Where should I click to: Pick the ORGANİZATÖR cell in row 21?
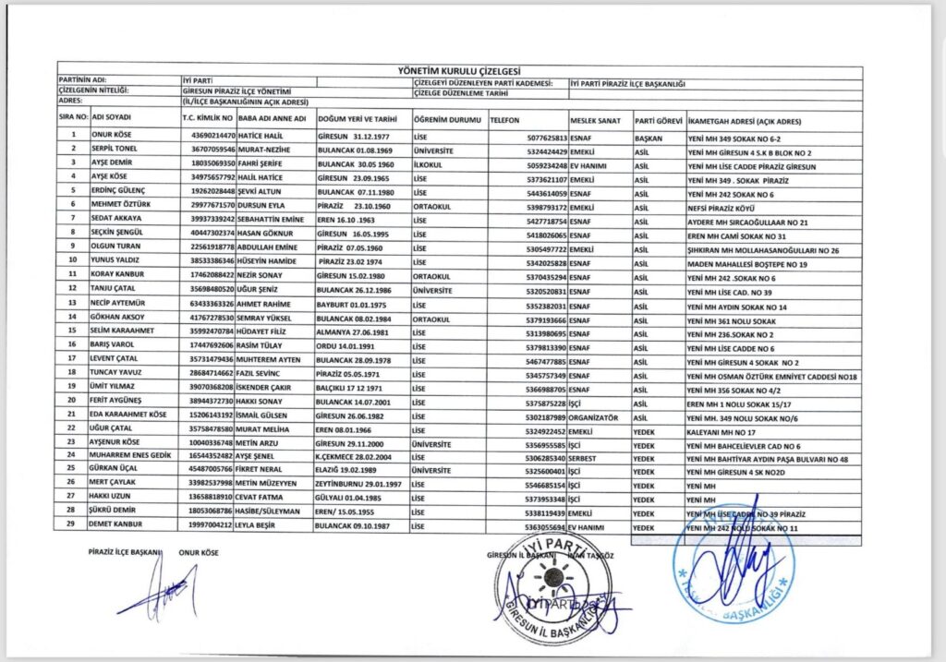(x=598, y=417)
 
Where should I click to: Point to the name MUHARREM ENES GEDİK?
(x=126, y=459)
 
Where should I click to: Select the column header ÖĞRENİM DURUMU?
(x=447, y=121)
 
